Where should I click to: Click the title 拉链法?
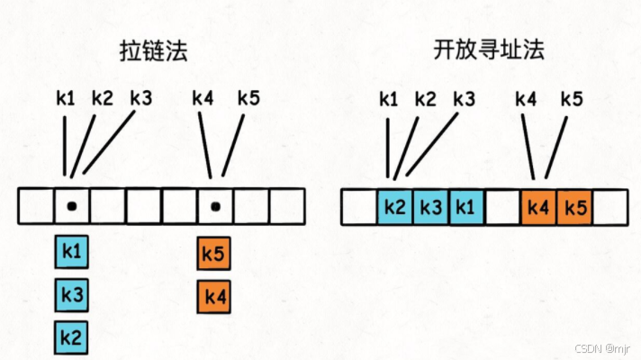pyautogui.click(x=154, y=51)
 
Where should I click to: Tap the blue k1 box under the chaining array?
pyautogui.click(x=72, y=254)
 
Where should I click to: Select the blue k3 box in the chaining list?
pyautogui.click(x=72, y=295)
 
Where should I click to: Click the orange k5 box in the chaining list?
pyautogui.click(x=213, y=254)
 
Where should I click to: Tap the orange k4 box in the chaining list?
pyautogui.click(x=213, y=295)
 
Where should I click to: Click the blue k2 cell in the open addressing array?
pyautogui.click(x=394, y=208)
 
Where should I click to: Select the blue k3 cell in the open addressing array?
pyautogui.click(x=430, y=208)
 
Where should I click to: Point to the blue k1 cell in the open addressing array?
pyautogui.click(x=466, y=208)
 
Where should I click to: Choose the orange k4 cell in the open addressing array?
pyautogui.click(x=538, y=208)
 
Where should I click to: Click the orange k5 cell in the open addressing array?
pyautogui.click(x=573, y=208)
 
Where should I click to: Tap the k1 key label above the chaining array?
pyautogui.click(x=66, y=99)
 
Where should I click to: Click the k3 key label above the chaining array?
pyautogui.click(x=142, y=98)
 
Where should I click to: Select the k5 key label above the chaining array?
pyautogui.click(x=248, y=98)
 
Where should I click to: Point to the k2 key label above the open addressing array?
pyautogui.click(x=426, y=98)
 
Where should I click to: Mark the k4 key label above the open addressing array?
pyautogui.click(x=527, y=98)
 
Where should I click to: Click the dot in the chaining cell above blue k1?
pyautogui.click(x=72, y=207)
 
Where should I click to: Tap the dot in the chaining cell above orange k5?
pyautogui.click(x=215, y=207)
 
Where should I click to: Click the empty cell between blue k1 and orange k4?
pyautogui.click(x=502, y=208)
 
